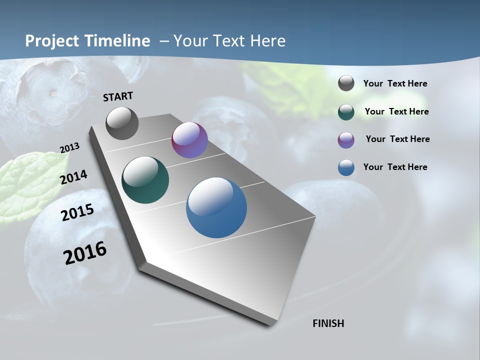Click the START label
(118, 96)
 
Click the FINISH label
(328, 323)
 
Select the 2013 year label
(69, 148)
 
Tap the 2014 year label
(74, 177)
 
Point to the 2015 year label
(77, 212)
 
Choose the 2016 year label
(85, 252)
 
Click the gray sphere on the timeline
(122, 123)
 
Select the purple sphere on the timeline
(189, 140)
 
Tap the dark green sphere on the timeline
(145, 180)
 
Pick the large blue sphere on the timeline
(216, 207)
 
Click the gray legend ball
(346, 83)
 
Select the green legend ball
(346, 112)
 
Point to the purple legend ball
(346, 140)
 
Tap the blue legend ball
(346, 167)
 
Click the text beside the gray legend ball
(395, 84)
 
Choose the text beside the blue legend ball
(395, 167)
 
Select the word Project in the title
(50, 41)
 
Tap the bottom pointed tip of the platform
(270, 324)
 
